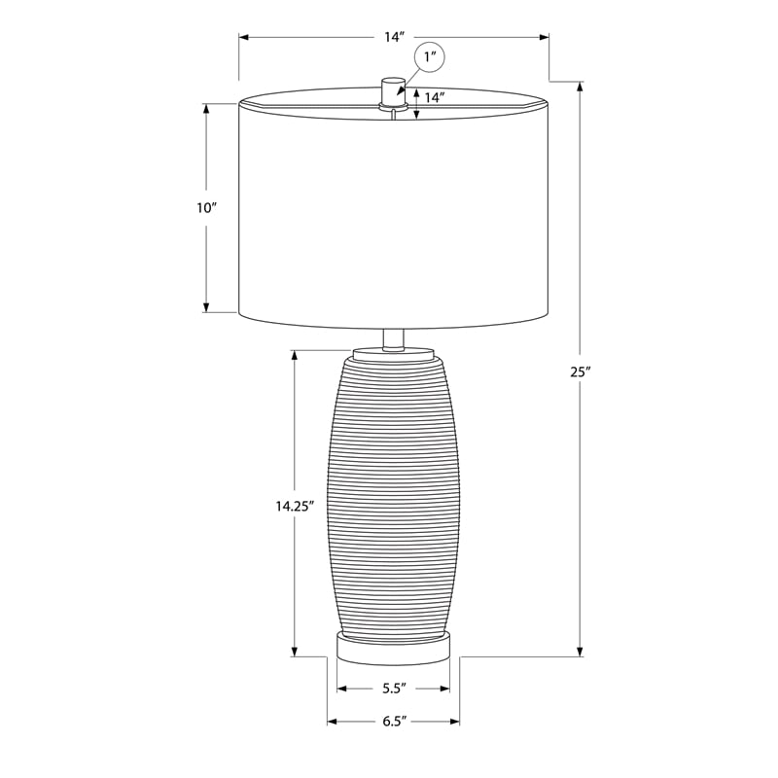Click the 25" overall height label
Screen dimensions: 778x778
click(580, 371)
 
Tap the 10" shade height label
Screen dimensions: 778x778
click(207, 208)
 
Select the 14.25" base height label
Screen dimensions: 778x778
click(296, 506)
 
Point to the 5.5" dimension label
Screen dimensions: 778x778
click(395, 689)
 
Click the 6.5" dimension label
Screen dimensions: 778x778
click(395, 721)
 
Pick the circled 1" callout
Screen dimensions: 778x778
click(430, 58)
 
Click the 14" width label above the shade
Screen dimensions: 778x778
click(395, 37)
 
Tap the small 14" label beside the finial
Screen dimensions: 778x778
click(434, 97)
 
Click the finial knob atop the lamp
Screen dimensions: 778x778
click(393, 90)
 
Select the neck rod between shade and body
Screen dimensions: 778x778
click(393, 339)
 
